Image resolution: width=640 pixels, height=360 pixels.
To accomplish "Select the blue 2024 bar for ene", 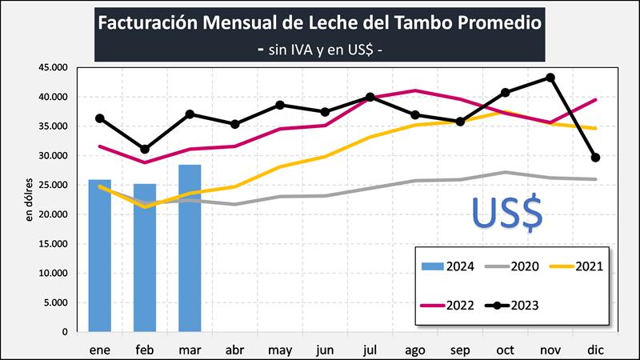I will click(100, 256).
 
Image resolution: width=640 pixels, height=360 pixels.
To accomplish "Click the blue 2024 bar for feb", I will click(145, 258).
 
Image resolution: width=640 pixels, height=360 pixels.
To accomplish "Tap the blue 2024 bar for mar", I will click(190, 248).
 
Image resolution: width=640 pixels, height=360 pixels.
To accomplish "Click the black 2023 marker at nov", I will click(550, 78).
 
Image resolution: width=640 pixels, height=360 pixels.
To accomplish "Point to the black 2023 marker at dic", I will click(595, 158).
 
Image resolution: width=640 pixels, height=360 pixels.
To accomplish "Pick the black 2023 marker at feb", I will click(145, 150).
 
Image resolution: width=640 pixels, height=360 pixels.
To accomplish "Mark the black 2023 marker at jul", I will click(370, 98).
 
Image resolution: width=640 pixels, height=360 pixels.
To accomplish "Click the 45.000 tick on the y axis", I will click(54, 68).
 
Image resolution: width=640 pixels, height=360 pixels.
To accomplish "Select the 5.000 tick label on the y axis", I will click(57, 302).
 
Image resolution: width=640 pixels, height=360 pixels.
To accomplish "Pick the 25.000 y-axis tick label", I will click(54, 185).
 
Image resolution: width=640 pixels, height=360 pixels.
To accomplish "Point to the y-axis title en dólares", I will click(29, 200).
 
